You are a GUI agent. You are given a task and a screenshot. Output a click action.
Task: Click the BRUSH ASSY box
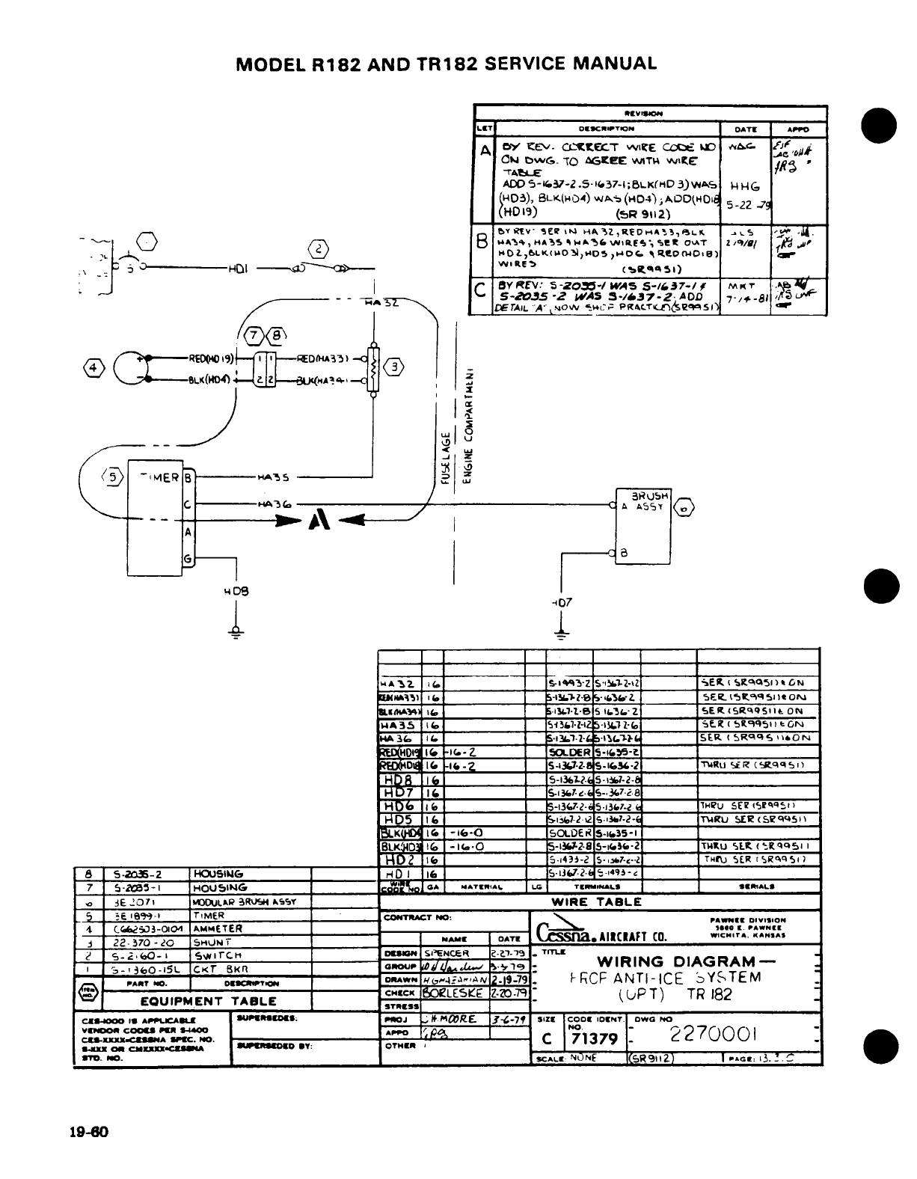pos(644,525)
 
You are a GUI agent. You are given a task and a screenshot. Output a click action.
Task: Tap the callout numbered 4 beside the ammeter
pos(93,368)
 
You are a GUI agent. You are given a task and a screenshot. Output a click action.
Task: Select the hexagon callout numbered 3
pos(396,367)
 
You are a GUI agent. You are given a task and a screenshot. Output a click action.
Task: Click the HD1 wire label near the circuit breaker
pos(240,269)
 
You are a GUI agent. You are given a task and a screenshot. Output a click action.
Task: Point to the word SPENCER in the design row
pos(447,953)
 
